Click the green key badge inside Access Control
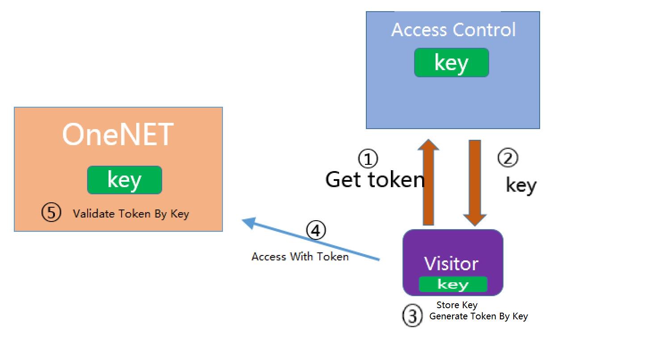click(x=452, y=63)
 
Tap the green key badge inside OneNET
click(x=125, y=180)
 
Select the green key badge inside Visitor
click(x=453, y=284)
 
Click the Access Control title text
click(x=453, y=29)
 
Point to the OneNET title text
click(x=118, y=134)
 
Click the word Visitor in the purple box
click(x=451, y=264)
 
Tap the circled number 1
click(x=368, y=159)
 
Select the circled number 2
click(x=508, y=158)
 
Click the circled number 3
click(x=412, y=316)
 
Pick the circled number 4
click(x=316, y=230)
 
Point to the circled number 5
click(x=51, y=212)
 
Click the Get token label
click(x=375, y=180)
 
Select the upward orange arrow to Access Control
click(x=428, y=182)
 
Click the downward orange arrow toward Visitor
click(x=475, y=183)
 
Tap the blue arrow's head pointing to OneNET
click(x=249, y=222)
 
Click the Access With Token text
click(x=300, y=257)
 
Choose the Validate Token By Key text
click(x=131, y=214)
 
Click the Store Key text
click(x=457, y=305)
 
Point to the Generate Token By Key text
click(x=478, y=316)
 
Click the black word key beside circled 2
click(x=521, y=186)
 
